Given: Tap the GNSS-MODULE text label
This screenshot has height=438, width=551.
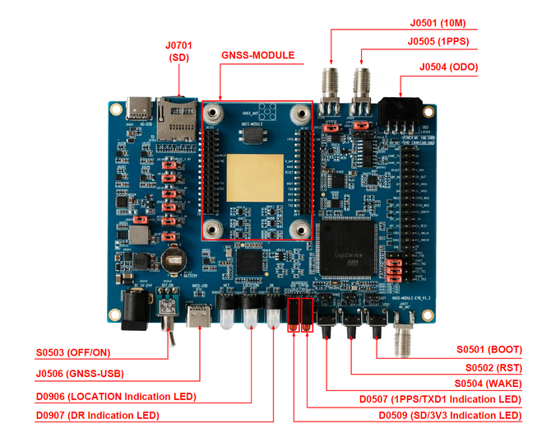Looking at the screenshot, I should click(x=257, y=56).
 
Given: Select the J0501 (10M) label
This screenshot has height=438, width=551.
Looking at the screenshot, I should click(x=465, y=22).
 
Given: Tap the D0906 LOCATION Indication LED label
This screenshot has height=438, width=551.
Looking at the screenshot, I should click(x=114, y=395).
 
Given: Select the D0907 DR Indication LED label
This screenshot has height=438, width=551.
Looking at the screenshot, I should click(x=97, y=415).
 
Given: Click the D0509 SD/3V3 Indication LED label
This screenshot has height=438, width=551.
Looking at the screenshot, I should click(x=449, y=415).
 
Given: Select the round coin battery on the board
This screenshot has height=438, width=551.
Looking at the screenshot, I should click(x=174, y=262).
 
